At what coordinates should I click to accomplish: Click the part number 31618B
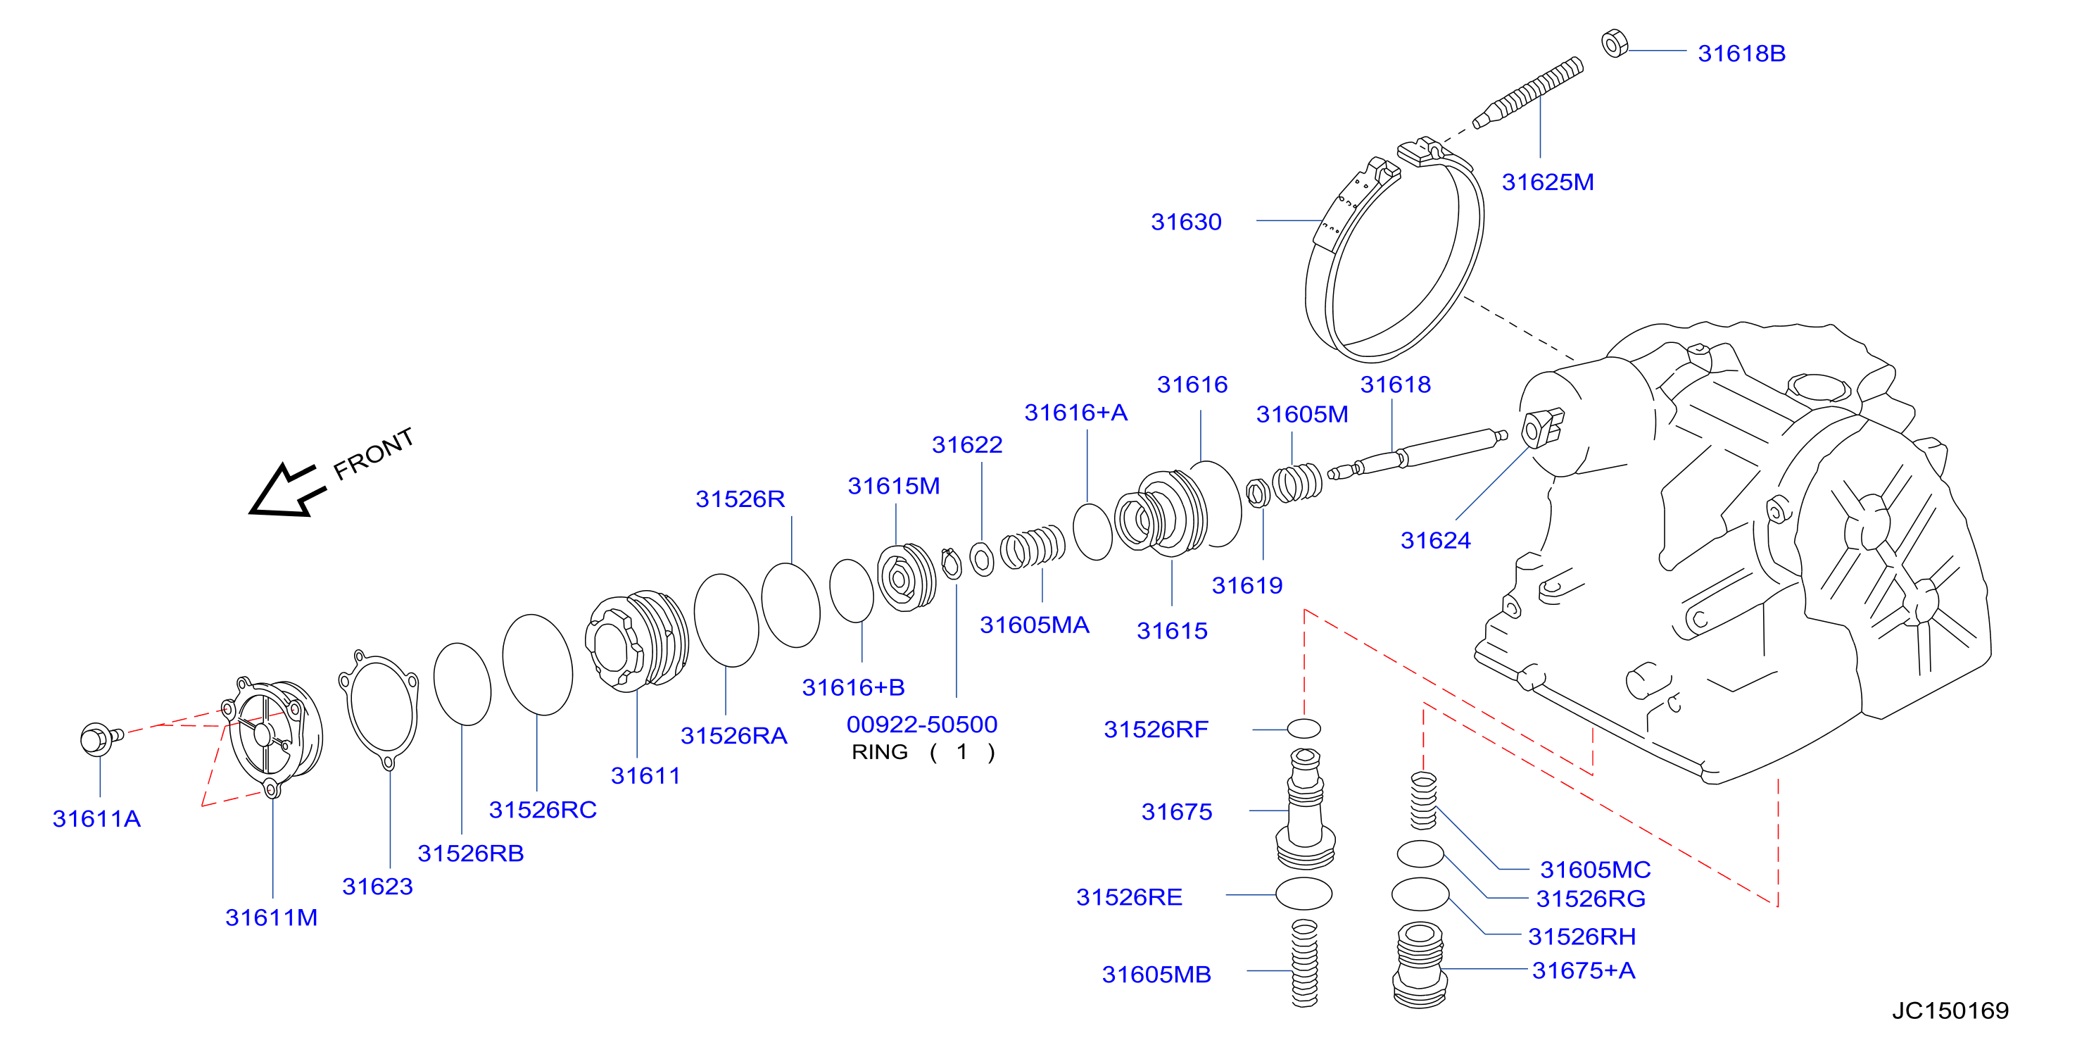point(1741,54)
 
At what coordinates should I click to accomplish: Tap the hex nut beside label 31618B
point(1615,43)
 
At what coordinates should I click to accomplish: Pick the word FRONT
point(374,453)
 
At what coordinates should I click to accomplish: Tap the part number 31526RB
point(470,853)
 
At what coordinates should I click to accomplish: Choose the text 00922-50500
point(921,725)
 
